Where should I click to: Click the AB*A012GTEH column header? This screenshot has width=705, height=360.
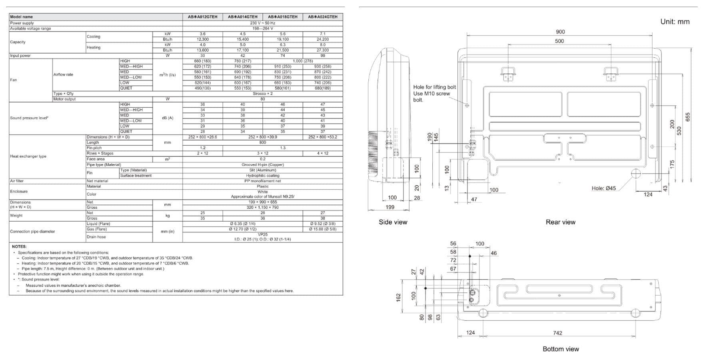(x=202, y=17)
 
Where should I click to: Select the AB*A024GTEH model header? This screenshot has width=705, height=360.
(x=323, y=17)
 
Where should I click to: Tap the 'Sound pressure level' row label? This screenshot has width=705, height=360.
(x=29, y=118)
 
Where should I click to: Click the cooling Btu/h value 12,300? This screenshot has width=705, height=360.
(x=202, y=39)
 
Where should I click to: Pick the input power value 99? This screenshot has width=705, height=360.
(x=323, y=56)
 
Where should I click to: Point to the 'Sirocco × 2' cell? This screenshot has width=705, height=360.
(x=263, y=94)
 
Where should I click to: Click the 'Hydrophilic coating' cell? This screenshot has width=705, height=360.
(x=263, y=176)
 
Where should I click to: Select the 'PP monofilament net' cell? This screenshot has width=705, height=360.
(x=263, y=181)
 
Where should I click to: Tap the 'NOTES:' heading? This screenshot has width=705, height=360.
(x=19, y=247)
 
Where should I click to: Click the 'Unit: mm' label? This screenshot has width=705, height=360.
(x=675, y=22)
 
